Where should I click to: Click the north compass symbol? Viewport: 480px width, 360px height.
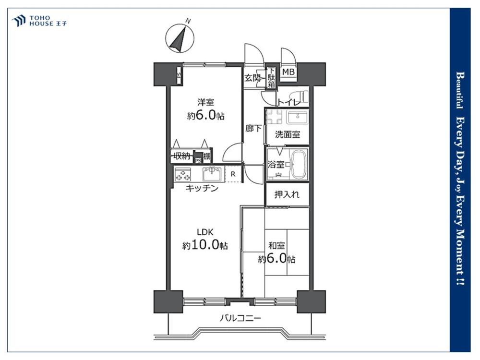tap(180, 38)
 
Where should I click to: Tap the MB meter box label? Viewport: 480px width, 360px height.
tap(288, 72)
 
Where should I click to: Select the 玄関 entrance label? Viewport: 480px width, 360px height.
tap(252, 78)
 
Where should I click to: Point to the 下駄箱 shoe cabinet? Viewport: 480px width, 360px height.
tap(271, 78)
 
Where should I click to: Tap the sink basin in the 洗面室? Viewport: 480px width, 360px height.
tap(297, 117)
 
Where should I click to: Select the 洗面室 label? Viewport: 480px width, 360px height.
tap(287, 135)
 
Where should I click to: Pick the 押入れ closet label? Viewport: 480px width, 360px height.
tap(287, 195)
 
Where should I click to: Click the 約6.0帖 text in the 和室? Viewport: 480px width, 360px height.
tap(276, 259)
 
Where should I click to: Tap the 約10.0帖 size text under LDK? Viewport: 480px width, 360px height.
tap(205, 246)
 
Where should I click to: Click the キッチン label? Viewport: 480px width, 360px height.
tap(202, 189)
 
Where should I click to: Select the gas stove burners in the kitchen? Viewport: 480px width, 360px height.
tap(182, 174)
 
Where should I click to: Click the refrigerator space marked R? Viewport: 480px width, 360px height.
tap(233, 174)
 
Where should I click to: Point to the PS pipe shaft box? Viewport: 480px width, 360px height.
tap(197, 160)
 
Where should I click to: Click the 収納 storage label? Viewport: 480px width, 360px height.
tap(181, 156)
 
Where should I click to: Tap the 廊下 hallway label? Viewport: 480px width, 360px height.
tap(253, 129)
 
